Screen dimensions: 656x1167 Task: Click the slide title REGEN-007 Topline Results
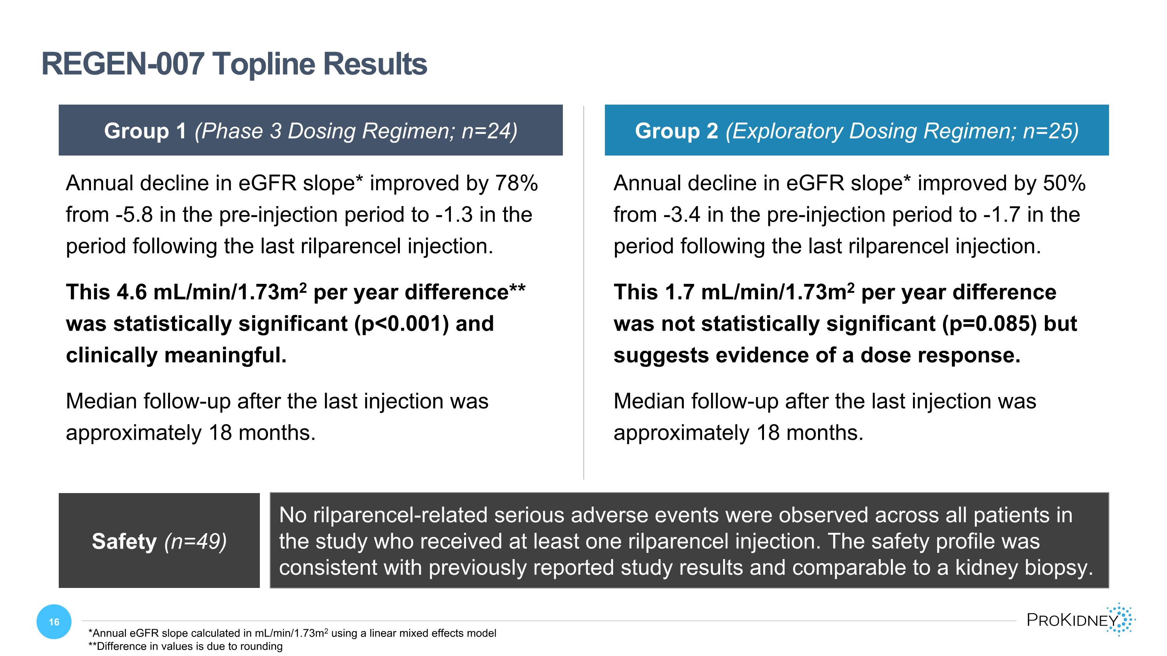click(234, 64)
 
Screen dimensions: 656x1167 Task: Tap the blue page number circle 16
click(54, 622)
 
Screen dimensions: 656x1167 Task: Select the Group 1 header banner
click(310, 130)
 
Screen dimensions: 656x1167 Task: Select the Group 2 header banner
click(856, 130)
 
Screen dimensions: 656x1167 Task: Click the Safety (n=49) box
click(159, 541)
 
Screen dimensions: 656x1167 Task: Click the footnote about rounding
click(185, 646)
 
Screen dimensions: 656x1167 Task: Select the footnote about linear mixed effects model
click(292, 633)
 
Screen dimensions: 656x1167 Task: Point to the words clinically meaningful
click(176, 355)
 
